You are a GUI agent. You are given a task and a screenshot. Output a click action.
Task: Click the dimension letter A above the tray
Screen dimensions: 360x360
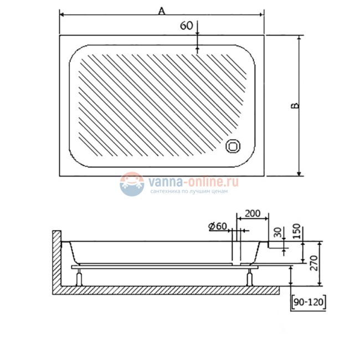click(162, 11)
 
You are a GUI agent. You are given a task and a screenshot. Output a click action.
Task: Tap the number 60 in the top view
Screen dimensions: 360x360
click(187, 25)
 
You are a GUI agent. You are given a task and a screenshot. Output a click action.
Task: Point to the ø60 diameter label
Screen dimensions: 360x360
click(218, 226)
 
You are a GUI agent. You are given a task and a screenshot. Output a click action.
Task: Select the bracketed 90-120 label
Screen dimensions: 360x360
click(308, 302)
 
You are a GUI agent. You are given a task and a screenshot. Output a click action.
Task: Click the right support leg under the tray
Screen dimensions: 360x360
click(250, 276)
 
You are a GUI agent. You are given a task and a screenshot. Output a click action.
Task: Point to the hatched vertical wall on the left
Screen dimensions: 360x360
click(55, 260)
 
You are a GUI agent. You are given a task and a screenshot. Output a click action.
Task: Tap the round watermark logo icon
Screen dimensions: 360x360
click(132, 184)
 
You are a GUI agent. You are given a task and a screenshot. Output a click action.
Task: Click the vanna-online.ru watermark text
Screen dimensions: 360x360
click(192, 181)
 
